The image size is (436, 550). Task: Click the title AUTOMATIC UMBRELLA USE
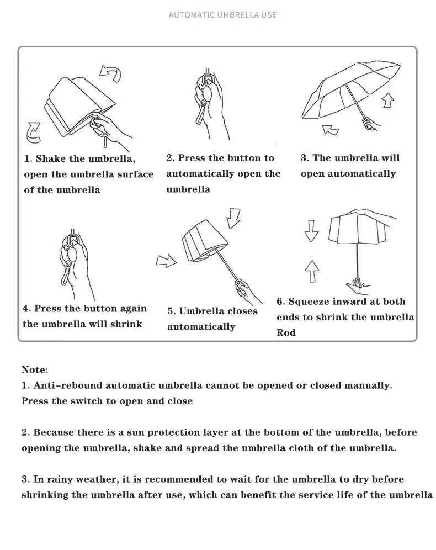coord(222,15)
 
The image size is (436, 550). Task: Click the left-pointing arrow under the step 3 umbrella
coord(331,130)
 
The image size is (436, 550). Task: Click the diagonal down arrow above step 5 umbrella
coord(235,218)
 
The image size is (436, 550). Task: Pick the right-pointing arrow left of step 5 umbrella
coord(166,260)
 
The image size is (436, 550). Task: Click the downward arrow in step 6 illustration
coord(312,231)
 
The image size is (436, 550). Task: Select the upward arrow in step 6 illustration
coord(312,271)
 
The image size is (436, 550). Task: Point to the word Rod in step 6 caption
coord(286,332)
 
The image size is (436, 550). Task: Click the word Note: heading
coord(35,369)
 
